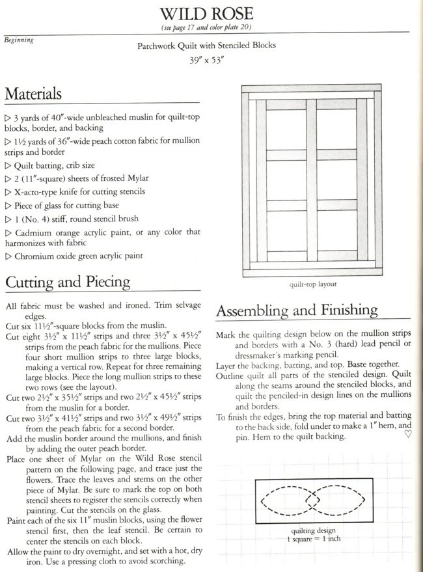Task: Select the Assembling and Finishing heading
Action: click(x=296, y=310)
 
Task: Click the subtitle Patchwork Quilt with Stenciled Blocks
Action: click(x=206, y=46)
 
